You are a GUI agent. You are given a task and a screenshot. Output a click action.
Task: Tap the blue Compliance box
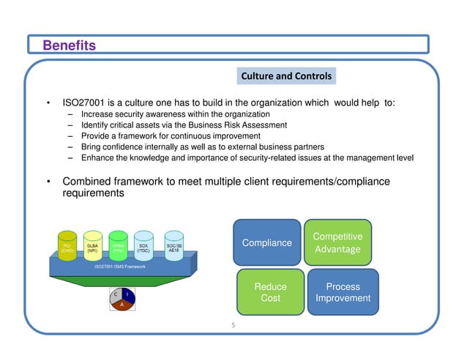pyautogui.click(x=266, y=242)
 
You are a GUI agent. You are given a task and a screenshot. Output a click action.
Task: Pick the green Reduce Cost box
pyautogui.click(x=269, y=292)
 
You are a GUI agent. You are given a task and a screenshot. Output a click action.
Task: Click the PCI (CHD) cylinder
pyautogui.click(x=67, y=247)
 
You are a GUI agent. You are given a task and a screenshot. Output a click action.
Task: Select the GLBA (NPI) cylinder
pyautogui.click(x=92, y=247)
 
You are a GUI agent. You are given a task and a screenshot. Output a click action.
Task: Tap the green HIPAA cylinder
pyautogui.click(x=117, y=247)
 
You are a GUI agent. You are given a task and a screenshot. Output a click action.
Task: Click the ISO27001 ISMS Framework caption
pyautogui.click(x=120, y=267)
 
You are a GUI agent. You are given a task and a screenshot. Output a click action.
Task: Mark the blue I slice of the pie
pyautogui.click(x=127, y=294)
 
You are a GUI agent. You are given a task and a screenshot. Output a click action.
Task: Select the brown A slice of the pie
pyautogui.click(x=121, y=306)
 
